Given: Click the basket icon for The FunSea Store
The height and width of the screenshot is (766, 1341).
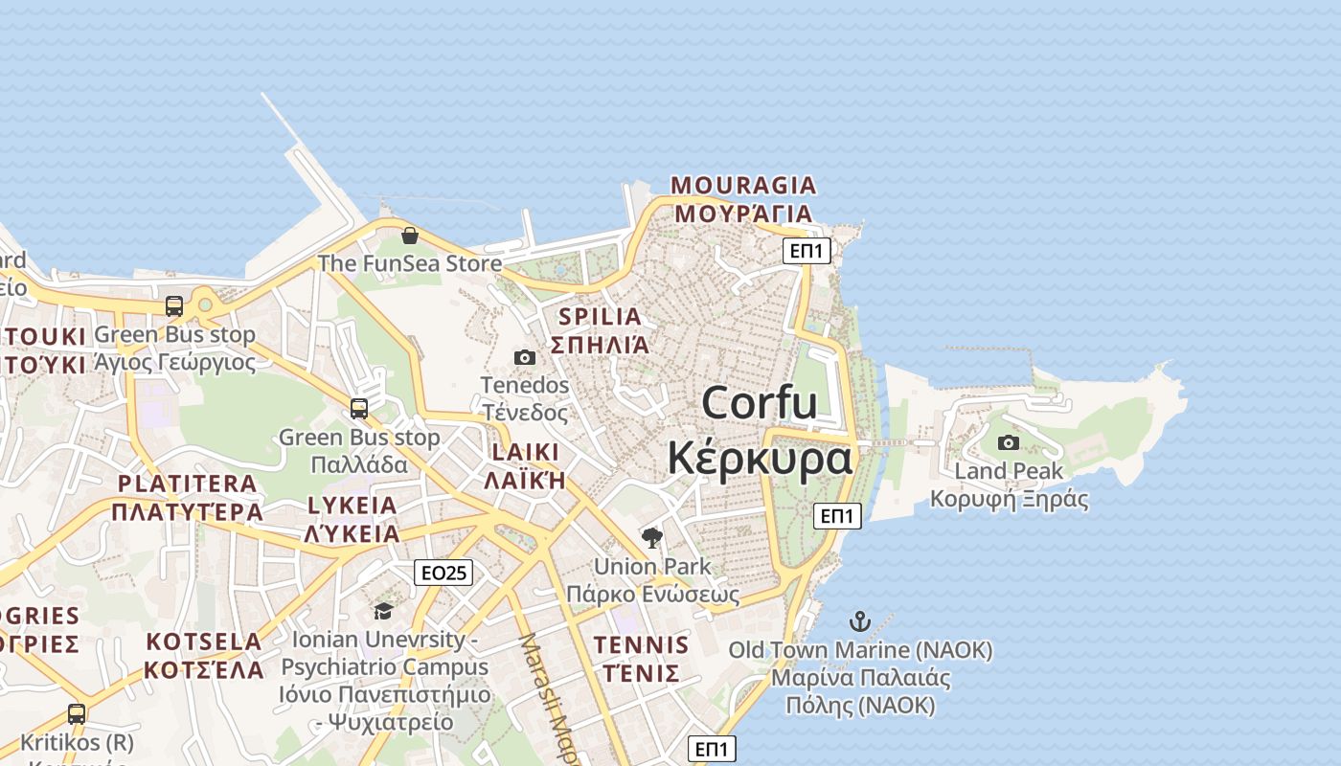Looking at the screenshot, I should click(410, 236).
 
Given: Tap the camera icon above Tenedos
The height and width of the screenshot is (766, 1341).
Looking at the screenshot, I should click(524, 358).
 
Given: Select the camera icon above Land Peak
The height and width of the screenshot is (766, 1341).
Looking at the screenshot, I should click(1008, 442).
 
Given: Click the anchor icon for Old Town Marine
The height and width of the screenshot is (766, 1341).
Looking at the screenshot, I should click(860, 621).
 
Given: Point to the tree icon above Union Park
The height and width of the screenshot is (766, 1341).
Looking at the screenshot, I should click(652, 538).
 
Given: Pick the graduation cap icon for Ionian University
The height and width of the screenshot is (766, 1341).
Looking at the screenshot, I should click(383, 611).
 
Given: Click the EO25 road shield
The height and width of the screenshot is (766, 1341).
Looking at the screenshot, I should click(445, 573).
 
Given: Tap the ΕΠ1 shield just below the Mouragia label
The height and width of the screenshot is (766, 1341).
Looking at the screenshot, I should click(807, 251).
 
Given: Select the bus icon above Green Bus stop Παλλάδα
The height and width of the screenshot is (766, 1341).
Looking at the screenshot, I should click(359, 409).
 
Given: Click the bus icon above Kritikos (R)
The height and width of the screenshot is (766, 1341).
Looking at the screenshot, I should click(77, 714).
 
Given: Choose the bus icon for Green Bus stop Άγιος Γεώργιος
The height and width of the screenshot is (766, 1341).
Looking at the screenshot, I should click(174, 306).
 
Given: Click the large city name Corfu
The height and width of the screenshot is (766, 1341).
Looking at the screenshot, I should click(760, 403).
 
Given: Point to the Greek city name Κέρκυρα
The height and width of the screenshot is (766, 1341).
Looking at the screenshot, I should click(760, 458).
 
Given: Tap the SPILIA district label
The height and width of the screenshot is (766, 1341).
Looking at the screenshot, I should click(600, 317).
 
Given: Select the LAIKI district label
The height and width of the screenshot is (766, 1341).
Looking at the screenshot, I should click(524, 453).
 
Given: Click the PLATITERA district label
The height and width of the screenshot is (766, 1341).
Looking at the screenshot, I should click(187, 484).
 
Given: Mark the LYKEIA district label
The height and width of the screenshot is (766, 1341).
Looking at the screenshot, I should click(352, 507).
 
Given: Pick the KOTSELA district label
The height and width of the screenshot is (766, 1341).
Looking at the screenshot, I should click(204, 642).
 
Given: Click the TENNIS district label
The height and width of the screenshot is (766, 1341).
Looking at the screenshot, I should click(641, 644).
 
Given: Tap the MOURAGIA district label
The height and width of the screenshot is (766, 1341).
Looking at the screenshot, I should click(743, 185).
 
